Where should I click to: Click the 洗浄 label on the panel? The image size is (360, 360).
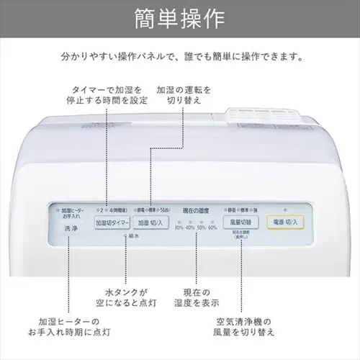point(71,228)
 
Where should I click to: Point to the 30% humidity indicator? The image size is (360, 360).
point(179,228)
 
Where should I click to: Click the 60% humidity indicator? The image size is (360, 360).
point(212,228)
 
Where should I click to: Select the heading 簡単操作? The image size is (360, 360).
point(180,17)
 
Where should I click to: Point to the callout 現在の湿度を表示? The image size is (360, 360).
point(197,297)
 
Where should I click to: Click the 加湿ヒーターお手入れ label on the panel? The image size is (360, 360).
point(71,210)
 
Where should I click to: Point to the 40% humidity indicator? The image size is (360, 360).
point(190,228)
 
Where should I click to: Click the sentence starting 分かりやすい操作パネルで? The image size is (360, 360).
point(180,55)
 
